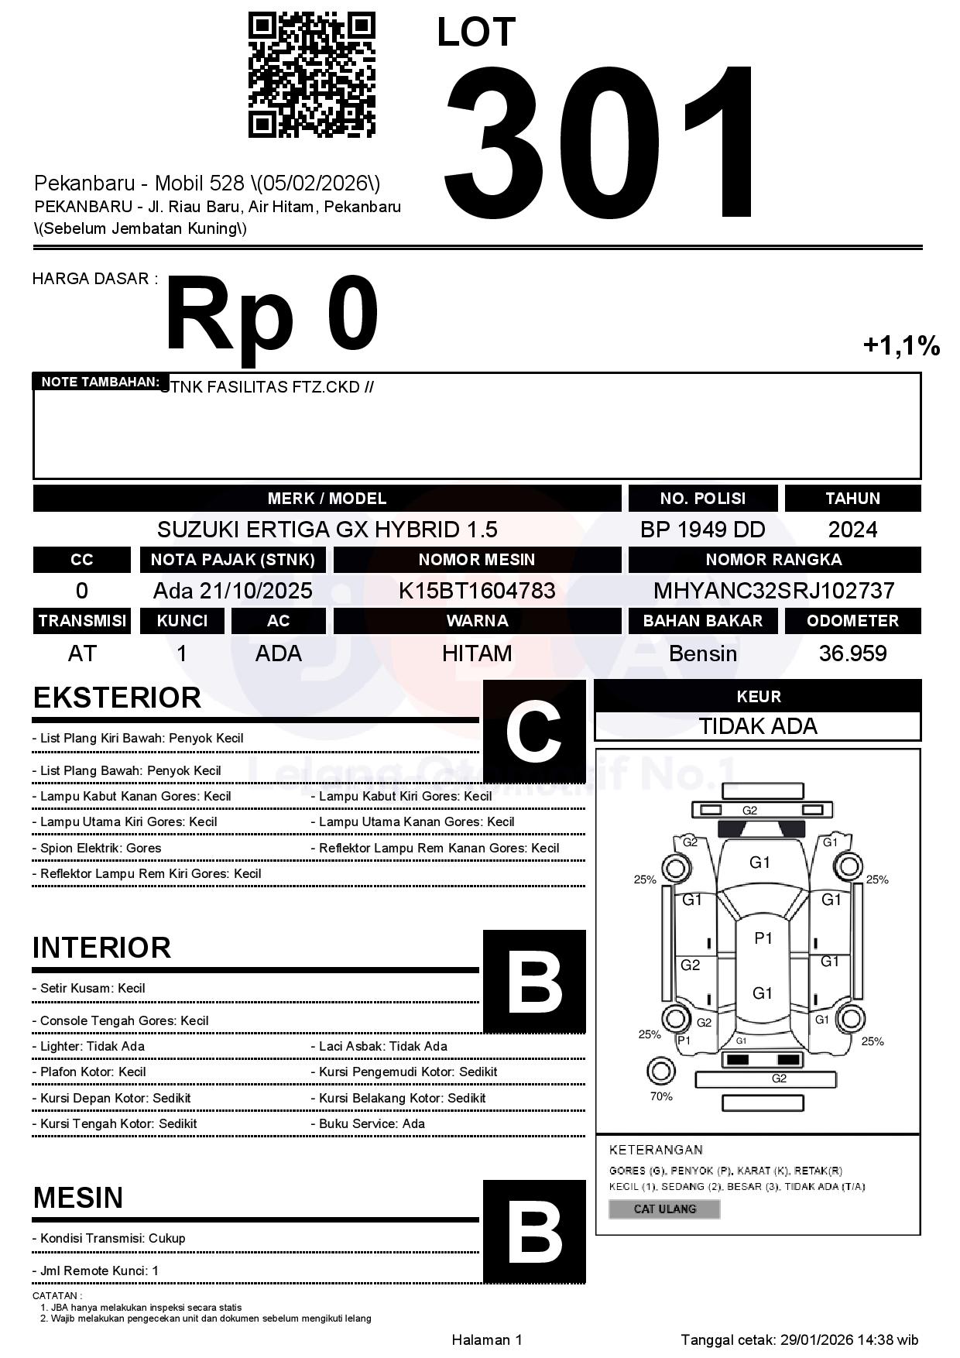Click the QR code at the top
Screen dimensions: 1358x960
pos(311,74)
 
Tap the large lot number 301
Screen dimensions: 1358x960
pos(600,143)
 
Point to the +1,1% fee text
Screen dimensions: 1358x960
pos(901,345)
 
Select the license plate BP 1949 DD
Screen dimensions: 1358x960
pos(702,530)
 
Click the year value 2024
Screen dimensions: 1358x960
pos(852,530)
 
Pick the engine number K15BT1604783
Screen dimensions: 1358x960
pos(477,591)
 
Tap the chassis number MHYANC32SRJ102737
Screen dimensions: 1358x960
pos(773,591)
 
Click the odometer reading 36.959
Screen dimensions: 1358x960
pos(852,653)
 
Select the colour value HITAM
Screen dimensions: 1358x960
pos(477,653)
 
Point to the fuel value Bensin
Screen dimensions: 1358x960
pos(702,653)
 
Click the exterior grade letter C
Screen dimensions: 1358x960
pos(533,732)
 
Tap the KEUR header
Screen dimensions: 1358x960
pos(758,696)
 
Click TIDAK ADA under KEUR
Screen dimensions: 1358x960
pos(758,726)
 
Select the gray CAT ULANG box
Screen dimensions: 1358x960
pos(664,1209)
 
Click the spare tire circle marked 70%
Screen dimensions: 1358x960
pos(660,1072)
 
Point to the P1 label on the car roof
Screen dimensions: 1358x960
pos(763,938)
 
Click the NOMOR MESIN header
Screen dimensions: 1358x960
pos(477,560)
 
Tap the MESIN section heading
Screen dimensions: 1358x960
pos(78,1198)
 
